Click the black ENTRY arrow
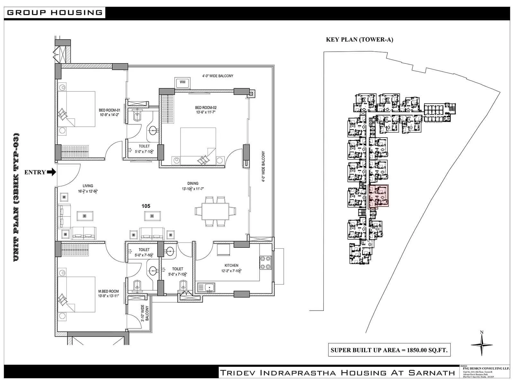[51, 172]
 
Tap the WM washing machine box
[182, 82]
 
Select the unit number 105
[146, 206]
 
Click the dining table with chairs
[215, 211]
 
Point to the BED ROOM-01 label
[110, 112]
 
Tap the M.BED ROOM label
[109, 293]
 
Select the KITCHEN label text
[231, 265]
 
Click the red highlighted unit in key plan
[378, 196]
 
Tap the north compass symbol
[482, 344]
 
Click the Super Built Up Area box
[389, 350]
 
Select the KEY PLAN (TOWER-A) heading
[359, 40]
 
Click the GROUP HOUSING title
[54, 13]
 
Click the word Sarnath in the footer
[431, 373]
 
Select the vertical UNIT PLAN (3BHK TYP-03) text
[17, 197]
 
